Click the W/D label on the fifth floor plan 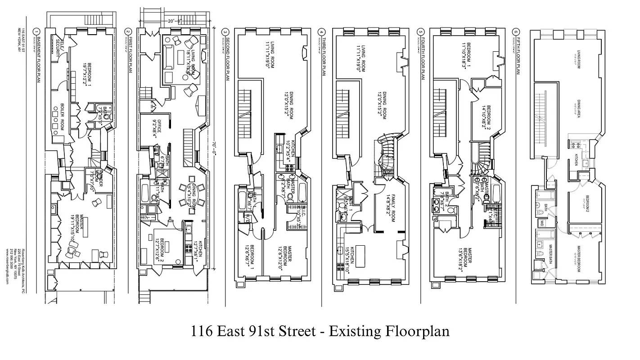point(542,223)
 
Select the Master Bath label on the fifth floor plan point(550,254)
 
